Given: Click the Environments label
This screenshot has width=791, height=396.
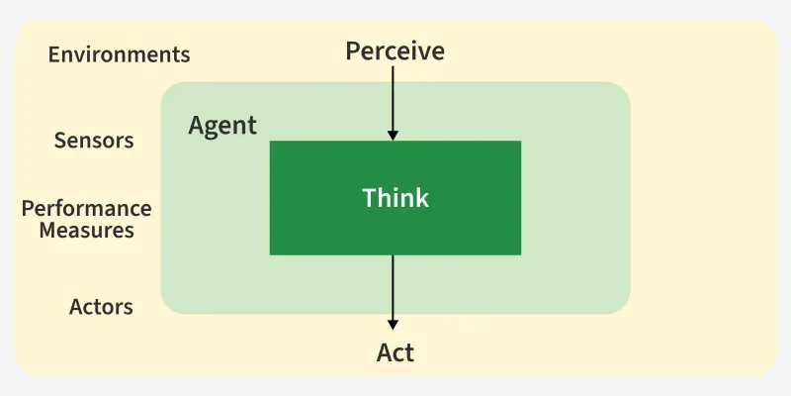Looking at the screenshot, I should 119,53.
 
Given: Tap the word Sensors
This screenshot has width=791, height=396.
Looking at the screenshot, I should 94,141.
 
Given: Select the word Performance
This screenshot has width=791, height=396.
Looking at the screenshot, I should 87,209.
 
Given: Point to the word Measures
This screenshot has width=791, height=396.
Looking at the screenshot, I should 87,232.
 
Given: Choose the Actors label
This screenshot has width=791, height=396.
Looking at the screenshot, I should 101,307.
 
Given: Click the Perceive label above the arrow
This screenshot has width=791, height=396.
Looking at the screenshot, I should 395,50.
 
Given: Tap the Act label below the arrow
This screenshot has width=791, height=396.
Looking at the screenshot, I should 395,352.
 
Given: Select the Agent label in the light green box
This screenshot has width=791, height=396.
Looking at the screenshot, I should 222,126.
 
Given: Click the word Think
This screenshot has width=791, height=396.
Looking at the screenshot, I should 395,198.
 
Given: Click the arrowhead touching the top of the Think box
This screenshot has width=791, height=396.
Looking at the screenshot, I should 393,134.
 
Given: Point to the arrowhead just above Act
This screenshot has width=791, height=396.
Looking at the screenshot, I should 393,323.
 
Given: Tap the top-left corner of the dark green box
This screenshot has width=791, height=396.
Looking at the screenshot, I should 271,142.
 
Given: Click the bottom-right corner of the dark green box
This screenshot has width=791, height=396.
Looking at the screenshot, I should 520,254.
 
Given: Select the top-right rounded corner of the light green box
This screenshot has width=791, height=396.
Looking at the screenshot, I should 622,90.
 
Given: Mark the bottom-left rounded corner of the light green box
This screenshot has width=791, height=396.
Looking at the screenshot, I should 169,306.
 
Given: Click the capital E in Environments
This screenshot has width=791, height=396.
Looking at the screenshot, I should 54,53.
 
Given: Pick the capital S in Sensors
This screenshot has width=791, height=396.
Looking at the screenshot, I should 59,141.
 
